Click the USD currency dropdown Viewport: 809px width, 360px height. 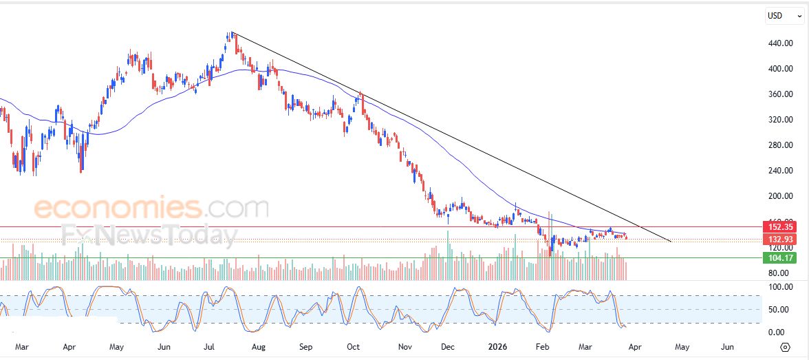coord(784,15)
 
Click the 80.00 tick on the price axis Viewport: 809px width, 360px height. coord(779,273)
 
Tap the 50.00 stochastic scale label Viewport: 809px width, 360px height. coord(779,310)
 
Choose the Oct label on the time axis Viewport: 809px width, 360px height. coord(354,347)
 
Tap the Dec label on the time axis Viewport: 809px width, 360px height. coord(447,347)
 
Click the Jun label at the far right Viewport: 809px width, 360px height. coord(726,347)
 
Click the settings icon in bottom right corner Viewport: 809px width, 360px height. coord(785,347)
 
